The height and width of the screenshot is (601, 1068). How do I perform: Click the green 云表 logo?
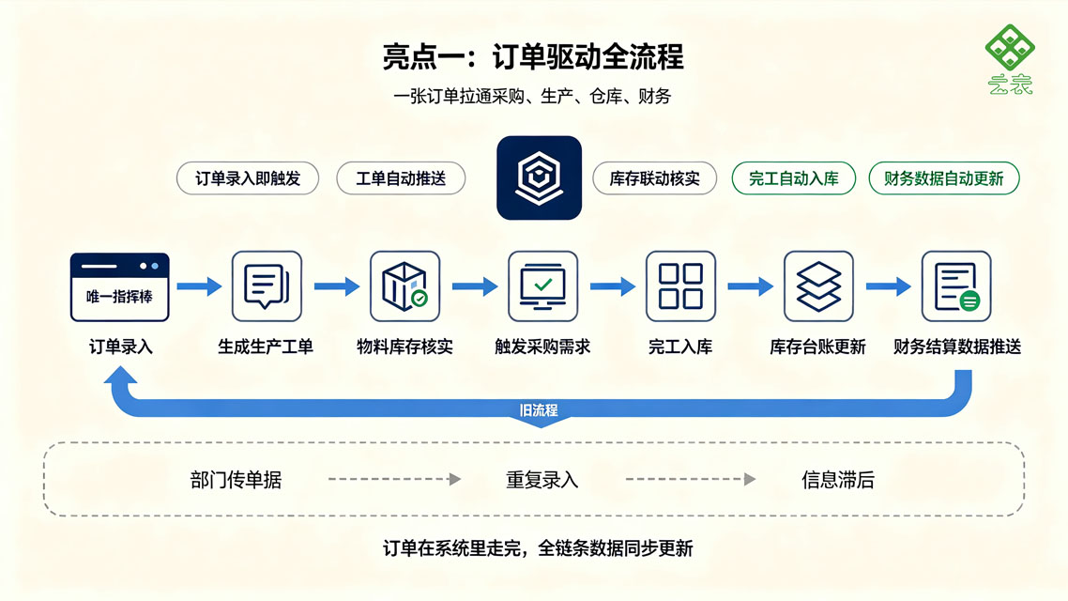[x=1010, y=59]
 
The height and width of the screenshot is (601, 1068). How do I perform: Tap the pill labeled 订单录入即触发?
[x=247, y=178]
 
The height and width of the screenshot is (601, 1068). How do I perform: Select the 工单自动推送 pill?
[x=401, y=178]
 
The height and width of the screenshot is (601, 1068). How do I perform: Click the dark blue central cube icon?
[x=539, y=177]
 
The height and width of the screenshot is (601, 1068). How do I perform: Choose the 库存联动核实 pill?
[x=654, y=178]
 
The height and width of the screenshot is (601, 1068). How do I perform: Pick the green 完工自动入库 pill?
[x=794, y=178]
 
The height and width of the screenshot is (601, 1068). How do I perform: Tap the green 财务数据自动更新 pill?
[x=944, y=178]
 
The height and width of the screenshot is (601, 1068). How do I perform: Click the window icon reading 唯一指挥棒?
[x=120, y=286]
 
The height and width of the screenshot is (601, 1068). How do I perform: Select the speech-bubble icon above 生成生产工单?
[x=267, y=286]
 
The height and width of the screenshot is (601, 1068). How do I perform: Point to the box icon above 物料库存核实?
[x=404, y=286]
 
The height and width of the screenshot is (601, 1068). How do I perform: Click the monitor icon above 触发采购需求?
[x=542, y=286]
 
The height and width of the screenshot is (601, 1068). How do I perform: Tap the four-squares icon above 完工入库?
[x=680, y=286]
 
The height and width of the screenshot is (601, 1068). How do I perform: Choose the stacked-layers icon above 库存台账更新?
[x=818, y=286]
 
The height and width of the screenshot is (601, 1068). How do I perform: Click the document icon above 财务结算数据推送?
[x=956, y=286]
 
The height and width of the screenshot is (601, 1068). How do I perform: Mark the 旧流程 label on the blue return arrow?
[x=539, y=410]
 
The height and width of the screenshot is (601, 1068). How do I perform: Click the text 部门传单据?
[x=236, y=480]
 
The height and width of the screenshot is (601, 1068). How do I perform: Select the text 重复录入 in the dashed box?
[x=542, y=480]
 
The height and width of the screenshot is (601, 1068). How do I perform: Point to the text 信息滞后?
[x=838, y=480]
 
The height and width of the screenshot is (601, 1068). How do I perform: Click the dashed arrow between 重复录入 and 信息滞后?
[x=691, y=479]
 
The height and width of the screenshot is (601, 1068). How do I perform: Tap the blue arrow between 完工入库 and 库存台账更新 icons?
[x=750, y=286]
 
